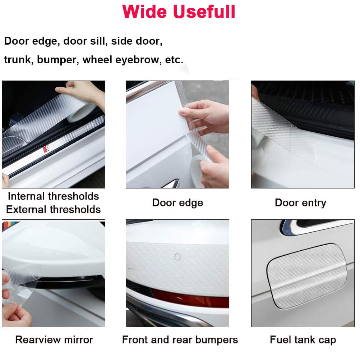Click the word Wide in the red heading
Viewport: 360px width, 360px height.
[146, 12]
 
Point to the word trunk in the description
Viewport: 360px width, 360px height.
[18, 60]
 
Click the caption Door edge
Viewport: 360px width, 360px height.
[177, 202]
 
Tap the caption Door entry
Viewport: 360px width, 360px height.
[300, 202]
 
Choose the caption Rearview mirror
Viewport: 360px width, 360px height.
[54, 340]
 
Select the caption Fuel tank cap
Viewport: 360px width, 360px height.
[303, 340]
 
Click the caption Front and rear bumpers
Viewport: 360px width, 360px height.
[180, 340]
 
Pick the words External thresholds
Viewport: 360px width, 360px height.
[53, 209]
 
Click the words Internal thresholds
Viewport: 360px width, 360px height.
[53, 196]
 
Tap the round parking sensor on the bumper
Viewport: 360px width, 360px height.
[177, 257]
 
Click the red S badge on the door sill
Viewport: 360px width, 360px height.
[46, 149]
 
